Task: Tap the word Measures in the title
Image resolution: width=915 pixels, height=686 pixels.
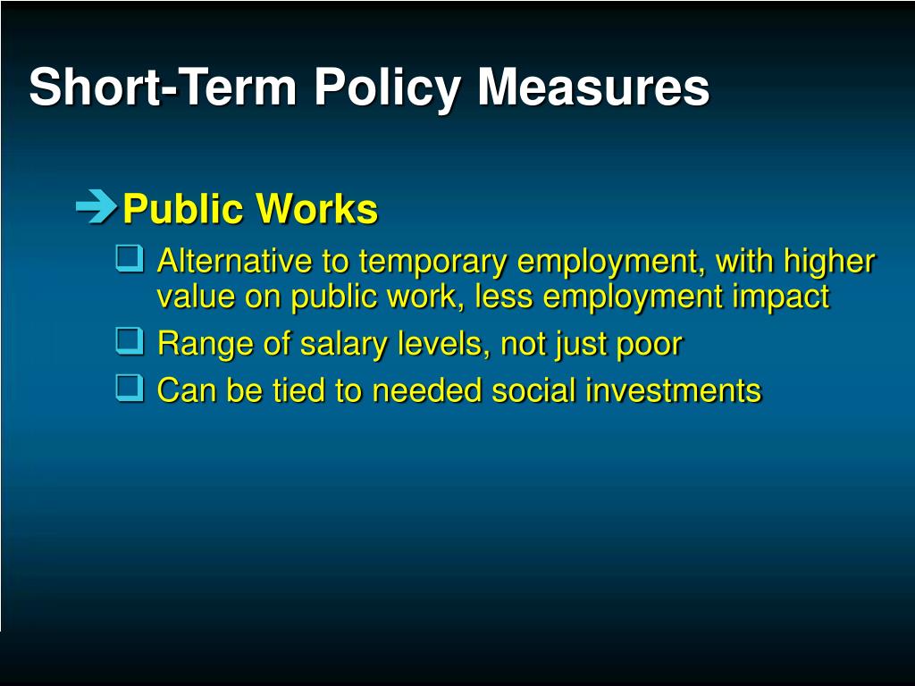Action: pyautogui.click(x=593, y=87)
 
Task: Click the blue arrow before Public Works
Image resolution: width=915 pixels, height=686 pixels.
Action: pyautogui.click(x=97, y=206)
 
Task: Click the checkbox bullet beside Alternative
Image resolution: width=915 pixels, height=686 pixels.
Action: pyautogui.click(x=129, y=258)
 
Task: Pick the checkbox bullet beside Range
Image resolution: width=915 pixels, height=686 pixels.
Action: pyautogui.click(x=129, y=341)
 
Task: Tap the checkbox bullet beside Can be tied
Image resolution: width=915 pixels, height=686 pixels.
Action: pyautogui.click(x=129, y=388)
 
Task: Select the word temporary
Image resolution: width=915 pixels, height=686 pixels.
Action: pyautogui.click(x=432, y=264)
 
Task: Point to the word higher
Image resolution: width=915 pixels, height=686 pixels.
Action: pyautogui.click(x=829, y=263)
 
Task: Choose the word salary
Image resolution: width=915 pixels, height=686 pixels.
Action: pyautogui.click(x=344, y=344)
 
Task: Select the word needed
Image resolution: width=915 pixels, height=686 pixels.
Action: pyautogui.click(x=426, y=390)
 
